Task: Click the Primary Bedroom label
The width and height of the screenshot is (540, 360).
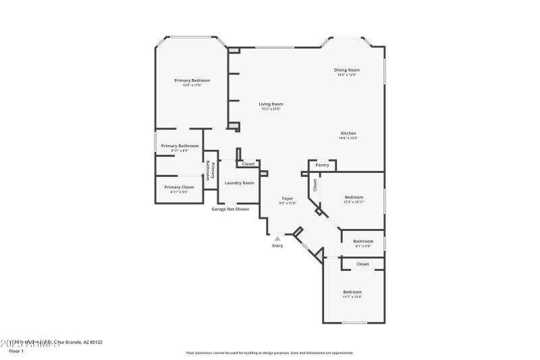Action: (192, 80)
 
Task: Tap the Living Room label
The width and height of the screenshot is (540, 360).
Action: (271, 104)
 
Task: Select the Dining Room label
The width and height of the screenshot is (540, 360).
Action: (347, 70)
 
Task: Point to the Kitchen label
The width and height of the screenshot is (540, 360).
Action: (348, 133)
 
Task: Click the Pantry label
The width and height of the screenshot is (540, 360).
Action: (322, 165)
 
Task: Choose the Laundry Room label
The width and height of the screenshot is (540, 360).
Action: (239, 183)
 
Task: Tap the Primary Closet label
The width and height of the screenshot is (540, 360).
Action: (179, 187)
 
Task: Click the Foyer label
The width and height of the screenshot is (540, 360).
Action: (288, 199)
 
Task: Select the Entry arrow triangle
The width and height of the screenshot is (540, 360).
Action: (277, 238)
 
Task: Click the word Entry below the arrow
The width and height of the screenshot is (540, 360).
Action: (277, 246)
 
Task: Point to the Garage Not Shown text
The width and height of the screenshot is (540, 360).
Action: (230, 209)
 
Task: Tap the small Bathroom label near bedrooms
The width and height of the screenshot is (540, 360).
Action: (363, 241)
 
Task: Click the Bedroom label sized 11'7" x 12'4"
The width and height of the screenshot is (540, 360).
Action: (352, 292)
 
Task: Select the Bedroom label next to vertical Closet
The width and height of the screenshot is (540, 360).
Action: (354, 197)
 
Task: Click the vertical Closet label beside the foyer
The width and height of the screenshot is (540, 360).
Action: (315, 186)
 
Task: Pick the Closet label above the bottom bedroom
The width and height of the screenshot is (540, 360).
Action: (362, 264)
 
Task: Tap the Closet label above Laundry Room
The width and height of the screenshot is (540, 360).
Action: (248, 164)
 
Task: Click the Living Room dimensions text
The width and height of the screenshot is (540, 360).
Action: (271, 109)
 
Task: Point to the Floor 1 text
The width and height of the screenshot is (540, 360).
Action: (16, 351)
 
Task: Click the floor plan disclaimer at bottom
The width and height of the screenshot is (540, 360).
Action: (269, 353)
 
